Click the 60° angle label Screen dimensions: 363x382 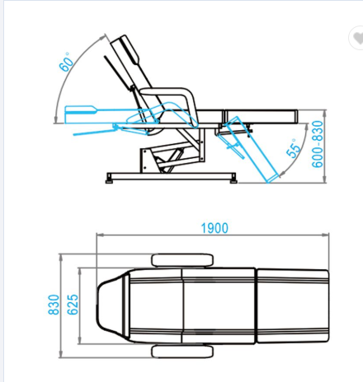pos(67,62)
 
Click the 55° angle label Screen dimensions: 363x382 pos(294,148)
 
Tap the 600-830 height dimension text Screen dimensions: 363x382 pos(317,144)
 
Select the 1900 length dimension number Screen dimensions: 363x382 pos(214,228)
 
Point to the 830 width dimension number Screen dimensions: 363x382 pos(54,305)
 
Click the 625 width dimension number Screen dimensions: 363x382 pos(73,305)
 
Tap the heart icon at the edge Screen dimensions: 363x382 pos(357,38)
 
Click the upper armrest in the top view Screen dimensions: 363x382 pos(182,260)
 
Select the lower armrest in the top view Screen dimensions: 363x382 pos(182,352)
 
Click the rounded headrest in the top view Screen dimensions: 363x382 pos(111,306)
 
